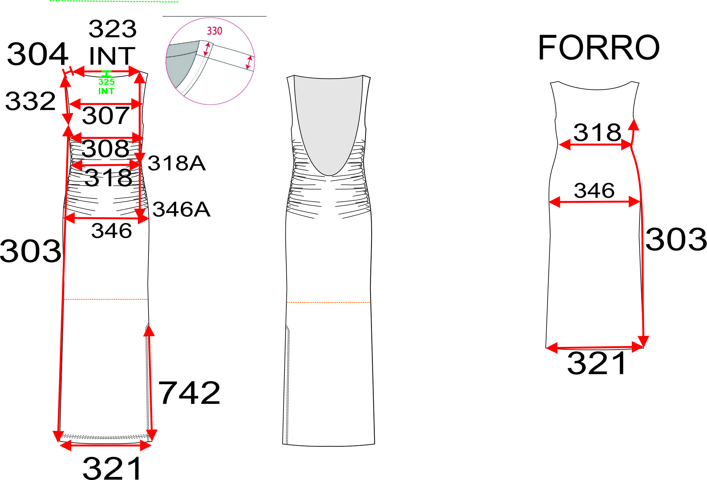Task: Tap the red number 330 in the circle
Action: tap(214, 31)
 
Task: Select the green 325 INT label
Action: tap(106, 86)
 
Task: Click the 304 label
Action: tap(37, 54)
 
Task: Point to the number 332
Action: tap(31, 101)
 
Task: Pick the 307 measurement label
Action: tap(106, 116)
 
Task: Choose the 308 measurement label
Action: tap(105, 148)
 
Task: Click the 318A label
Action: tap(176, 163)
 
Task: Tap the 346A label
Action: tap(181, 210)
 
